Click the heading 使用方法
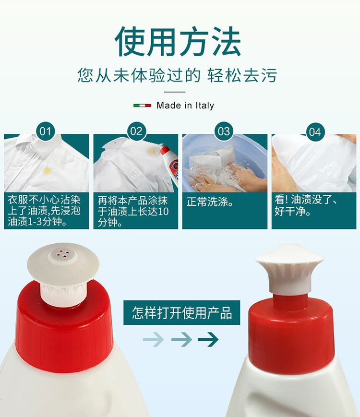178,42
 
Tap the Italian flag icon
142,106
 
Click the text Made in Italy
185,106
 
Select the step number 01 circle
45,131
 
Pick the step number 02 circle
136,131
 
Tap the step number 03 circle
224,131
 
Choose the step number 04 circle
315,132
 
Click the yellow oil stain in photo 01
47,171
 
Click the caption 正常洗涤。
210,202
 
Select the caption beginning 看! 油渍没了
306,205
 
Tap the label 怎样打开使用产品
182,313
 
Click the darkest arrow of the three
208,339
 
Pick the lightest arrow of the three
154,339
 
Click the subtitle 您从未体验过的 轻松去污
177,75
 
